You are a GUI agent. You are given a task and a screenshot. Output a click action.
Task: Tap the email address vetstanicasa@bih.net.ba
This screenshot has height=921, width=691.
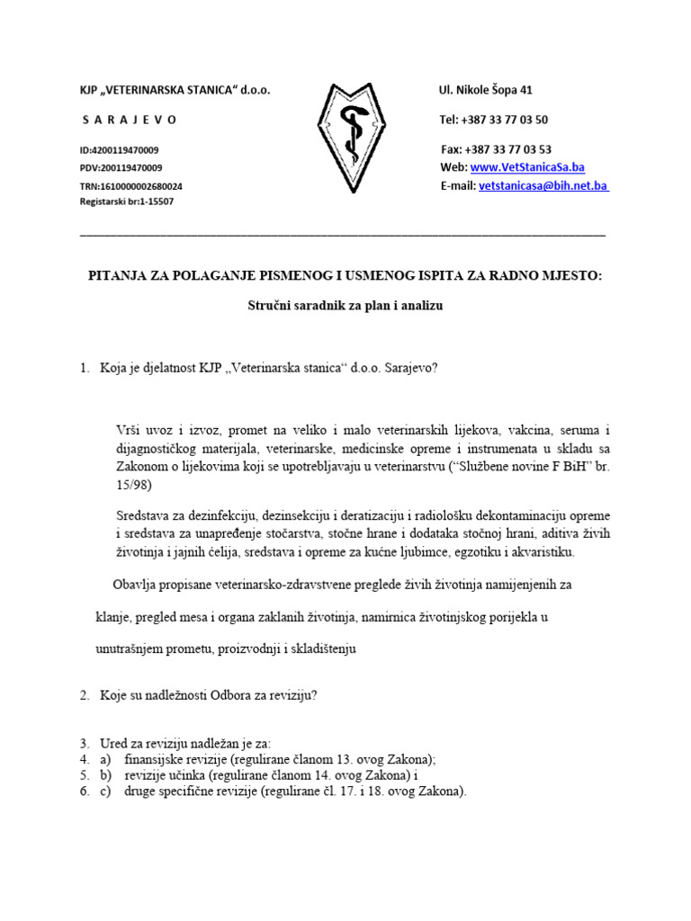tap(543, 185)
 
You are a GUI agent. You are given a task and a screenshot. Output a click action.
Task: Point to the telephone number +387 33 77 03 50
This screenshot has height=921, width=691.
tap(507, 120)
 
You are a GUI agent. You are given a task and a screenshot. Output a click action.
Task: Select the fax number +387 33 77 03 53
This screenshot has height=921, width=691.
tap(509, 149)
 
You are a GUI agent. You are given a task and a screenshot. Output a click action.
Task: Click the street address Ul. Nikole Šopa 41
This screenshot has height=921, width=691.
tap(485, 90)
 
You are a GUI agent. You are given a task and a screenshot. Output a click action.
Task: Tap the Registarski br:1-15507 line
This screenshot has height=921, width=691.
tap(127, 202)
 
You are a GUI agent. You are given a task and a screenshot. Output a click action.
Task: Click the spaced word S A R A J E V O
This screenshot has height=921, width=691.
tap(130, 120)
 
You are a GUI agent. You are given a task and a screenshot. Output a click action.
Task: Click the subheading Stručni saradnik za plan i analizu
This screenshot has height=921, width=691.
tap(345, 306)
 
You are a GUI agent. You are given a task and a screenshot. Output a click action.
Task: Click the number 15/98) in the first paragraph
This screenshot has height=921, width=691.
tap(134, 486)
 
